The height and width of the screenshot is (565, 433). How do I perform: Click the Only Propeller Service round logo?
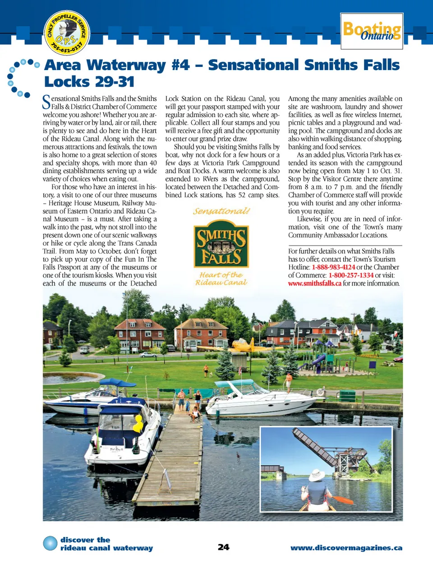click(x=67, y=33)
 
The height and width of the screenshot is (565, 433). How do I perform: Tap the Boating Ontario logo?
click(x=372, y=31)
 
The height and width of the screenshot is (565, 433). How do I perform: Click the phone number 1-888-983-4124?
click(x=333, y=267)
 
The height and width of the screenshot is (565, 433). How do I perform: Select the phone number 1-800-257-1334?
click(x=351, y=275)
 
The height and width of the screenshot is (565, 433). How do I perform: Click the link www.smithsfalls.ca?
click(x=314, y=284)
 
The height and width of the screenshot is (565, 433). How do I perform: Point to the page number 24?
click(x=223, y=547)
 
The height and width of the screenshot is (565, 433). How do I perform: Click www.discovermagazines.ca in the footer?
click(x=346, y=548)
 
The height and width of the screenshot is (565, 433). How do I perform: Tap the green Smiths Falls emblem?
click(x=221, y=244)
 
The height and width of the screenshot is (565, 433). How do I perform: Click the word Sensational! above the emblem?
click(x=221, y=211)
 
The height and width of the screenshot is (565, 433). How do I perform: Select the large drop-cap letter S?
click(x=46, y=103)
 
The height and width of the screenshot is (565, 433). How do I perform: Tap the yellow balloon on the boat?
click(x=138, y=424)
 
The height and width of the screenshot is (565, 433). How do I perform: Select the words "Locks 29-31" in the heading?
click(x=89, y=82)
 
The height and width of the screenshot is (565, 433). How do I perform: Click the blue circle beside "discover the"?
click(x=50, y=543)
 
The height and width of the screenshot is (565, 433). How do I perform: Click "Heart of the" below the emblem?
click(x=221, y=275)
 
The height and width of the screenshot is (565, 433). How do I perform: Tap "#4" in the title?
click(x=180, y=65)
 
